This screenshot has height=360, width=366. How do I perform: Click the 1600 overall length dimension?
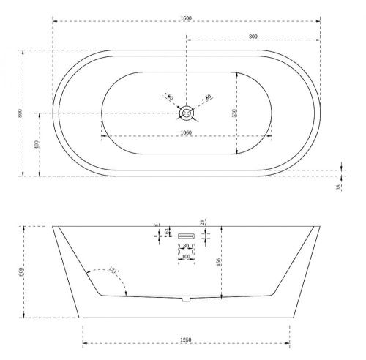[187, 18]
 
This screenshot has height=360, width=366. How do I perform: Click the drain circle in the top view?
[187, 113]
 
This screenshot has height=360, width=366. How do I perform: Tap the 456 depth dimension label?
[220, 263]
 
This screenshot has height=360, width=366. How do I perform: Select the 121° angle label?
[112, 272]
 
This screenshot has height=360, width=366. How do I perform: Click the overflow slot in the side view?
[187, 235]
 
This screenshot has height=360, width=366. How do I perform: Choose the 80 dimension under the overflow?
[186, 247]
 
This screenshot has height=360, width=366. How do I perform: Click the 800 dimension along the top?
[252, 36]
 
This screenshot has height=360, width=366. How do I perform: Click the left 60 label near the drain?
[171, 97]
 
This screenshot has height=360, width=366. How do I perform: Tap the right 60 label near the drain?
[208, 97]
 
